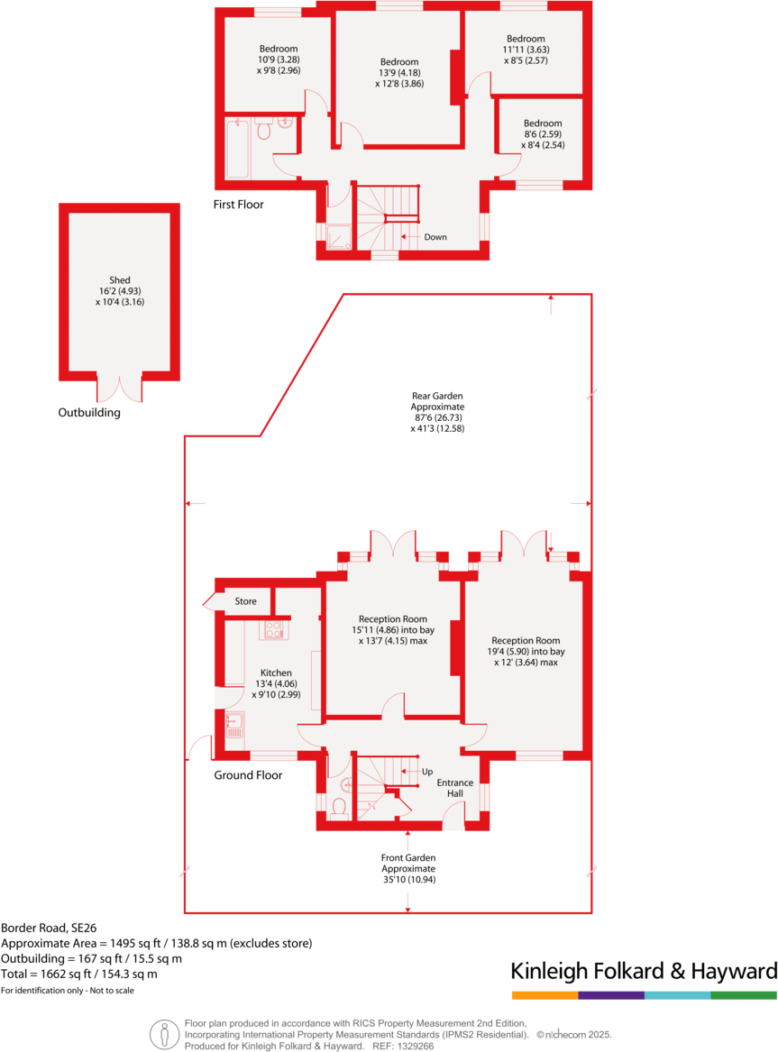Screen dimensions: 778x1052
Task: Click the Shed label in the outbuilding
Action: point(119,279)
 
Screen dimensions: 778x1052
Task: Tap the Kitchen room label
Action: point(277,672)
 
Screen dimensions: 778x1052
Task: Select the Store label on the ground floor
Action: point(245,601)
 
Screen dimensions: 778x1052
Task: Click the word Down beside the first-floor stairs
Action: point(435,237)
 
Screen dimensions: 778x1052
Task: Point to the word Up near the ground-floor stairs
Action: point(427,772)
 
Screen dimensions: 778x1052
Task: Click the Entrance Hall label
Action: point(454,788)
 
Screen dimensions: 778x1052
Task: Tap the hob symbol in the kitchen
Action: point(274,629)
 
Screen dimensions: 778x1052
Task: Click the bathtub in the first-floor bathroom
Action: point(237,148)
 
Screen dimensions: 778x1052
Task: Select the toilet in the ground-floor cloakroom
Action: point(339,807)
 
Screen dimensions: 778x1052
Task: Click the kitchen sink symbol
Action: point(234,726)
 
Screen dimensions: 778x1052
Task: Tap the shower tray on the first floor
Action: point(339,237)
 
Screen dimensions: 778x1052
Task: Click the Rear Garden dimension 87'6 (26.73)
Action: point(438,417)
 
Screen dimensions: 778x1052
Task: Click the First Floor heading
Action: point(238,205)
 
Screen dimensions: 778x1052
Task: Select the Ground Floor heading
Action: point(248,775)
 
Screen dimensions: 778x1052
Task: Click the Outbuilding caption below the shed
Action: point(89,413)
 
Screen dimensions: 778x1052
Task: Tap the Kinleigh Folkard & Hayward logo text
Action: point(644,971)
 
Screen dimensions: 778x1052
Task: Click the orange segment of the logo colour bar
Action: point(545,995)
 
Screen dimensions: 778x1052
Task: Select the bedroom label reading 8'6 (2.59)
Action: point(543,134)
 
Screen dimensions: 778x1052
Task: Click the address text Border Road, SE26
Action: point(49,929)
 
